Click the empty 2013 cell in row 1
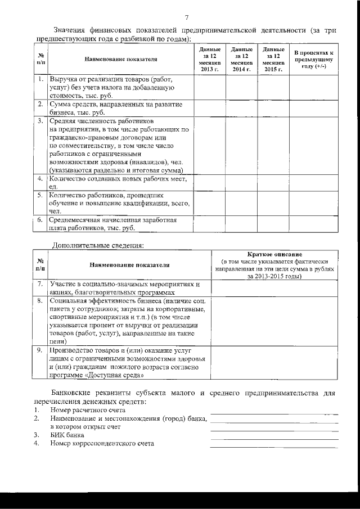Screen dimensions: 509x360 [x=210, y=87]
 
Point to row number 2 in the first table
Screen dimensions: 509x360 [x=40, y=105]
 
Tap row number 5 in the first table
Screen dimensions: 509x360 [x=40, y=196]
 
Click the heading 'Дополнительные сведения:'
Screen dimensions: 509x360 [x=98, y=245]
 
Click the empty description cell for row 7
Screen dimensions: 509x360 [x=274, y=288]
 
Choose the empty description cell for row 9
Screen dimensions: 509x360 [x=274, y=363]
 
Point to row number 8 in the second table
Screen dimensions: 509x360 [x=40, y=301]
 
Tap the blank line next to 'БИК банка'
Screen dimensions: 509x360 [x=274, y=436]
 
